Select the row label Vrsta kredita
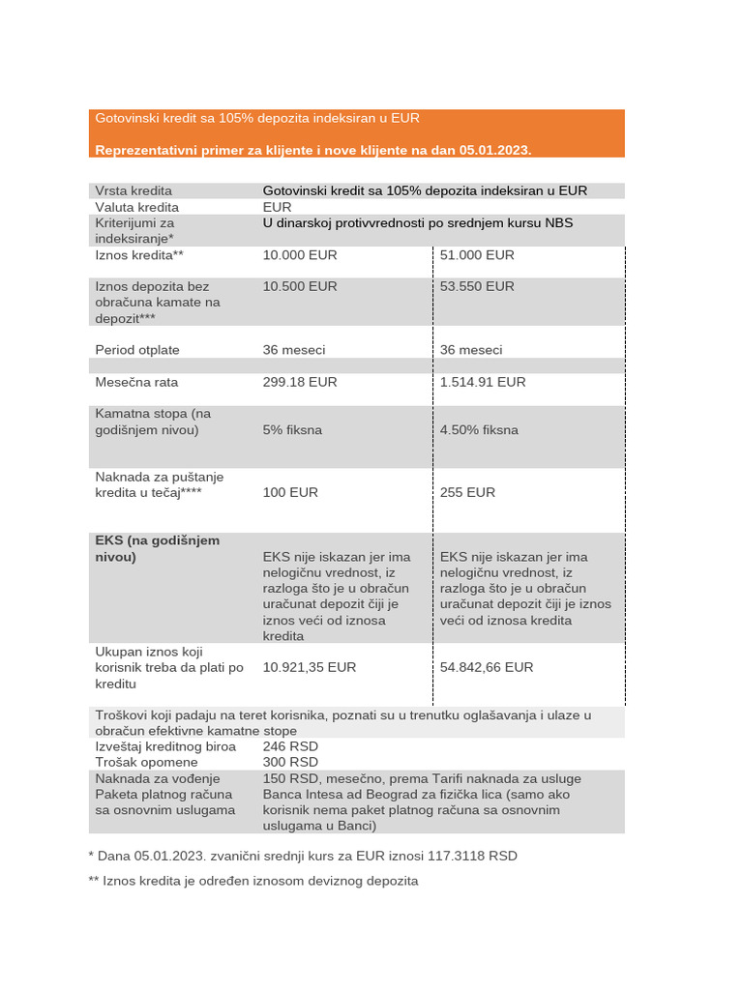134,190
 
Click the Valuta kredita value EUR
277,207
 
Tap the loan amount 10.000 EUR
300,255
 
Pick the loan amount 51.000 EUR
477,255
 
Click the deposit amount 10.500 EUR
300,286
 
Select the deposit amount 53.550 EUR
477,286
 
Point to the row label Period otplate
137,350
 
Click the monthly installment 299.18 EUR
300,382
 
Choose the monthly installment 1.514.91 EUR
483,382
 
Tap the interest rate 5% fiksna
292,429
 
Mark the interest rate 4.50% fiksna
479,429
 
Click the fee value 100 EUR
290,492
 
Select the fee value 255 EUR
467,492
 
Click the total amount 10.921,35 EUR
310,667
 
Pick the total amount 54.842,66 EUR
487,667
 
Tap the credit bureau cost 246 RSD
290,746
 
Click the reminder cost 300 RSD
290,762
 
